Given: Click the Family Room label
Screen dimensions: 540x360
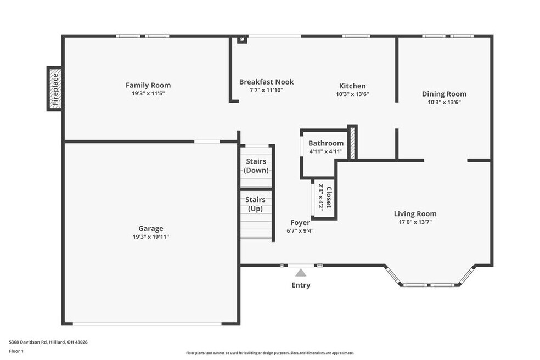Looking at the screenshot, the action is (x=148, y=85).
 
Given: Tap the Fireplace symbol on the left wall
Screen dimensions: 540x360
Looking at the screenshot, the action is (x=55, y=89).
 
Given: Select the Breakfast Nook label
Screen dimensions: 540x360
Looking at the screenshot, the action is (x=267, y=82).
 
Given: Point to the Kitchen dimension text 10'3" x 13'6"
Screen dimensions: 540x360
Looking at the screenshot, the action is (x=353, y=94).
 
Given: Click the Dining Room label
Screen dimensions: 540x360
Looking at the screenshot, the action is (x=445, y=94).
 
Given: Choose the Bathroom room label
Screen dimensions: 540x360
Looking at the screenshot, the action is (x=326, y=143).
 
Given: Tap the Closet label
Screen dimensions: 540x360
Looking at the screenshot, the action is (x=329, y=198).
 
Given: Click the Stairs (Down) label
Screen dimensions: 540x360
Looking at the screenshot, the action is (x=256, y=166).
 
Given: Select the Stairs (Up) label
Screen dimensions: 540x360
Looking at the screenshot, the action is (x=255, y=204).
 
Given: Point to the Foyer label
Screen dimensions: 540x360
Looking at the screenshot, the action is (x=300, y=223).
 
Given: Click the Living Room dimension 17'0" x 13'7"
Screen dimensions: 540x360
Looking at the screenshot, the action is (x=415, y=222).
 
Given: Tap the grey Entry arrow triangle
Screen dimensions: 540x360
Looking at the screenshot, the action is (x=301, y=273).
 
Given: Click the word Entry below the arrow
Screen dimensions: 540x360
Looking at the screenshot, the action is (x=301, y=285).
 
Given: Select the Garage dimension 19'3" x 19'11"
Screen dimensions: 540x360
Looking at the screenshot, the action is (x=151, y=237).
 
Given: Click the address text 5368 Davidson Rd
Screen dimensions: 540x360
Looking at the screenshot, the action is (x=28, y=342).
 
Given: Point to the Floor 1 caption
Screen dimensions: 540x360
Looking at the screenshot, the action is (x=16, y=351).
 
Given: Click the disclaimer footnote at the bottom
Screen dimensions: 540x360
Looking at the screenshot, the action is (x=269, y=353).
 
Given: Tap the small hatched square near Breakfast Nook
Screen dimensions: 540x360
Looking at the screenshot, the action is (x=243, y=40).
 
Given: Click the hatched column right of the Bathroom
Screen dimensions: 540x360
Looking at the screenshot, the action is (x=352, y=143).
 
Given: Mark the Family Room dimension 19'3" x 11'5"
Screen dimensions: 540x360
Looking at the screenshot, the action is (x=148, y=93).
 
